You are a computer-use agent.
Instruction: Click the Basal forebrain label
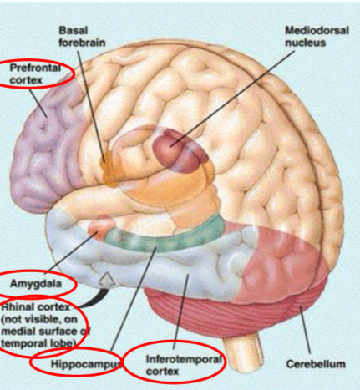pos(82,37)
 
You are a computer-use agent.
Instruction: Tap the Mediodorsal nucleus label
pos(317,37)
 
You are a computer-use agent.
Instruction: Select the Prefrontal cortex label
pos(35,73)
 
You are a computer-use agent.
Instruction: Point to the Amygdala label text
pos(36,284)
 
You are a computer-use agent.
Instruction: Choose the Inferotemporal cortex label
pos(184,365)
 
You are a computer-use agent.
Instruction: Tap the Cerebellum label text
pos(316,364)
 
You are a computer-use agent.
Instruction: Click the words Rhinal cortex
pos(36,307)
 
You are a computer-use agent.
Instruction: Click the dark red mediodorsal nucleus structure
pos(179,150)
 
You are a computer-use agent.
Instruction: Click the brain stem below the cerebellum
pos(243,349)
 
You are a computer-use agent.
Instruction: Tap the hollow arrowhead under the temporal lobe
pos(107,279)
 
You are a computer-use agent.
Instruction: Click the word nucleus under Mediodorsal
pos(305,43)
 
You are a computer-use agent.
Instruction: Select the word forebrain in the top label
pos(82,43)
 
